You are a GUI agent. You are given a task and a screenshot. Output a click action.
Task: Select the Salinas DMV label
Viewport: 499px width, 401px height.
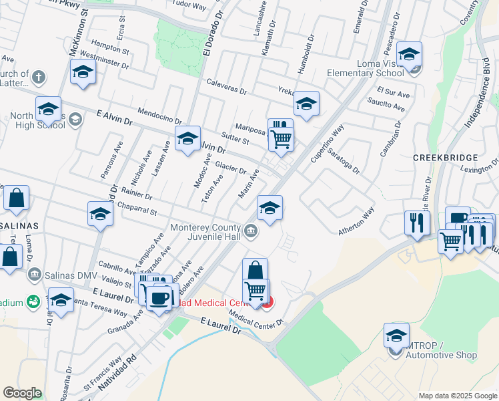point(70,273)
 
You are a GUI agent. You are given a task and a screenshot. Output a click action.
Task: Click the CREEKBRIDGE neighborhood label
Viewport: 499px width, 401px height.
point(445,157)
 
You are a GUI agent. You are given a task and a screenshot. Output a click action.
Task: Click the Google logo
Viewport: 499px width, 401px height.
point(23,393)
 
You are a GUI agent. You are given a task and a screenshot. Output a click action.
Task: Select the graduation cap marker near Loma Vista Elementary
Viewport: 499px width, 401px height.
point(410,54)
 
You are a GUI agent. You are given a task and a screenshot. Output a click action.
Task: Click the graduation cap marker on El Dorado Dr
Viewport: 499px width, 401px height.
point(188,138)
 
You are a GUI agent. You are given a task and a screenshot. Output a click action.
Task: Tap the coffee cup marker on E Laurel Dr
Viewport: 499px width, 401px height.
point(159,297)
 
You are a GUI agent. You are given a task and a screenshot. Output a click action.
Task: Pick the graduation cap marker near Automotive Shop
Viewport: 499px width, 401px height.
point(396,335)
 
